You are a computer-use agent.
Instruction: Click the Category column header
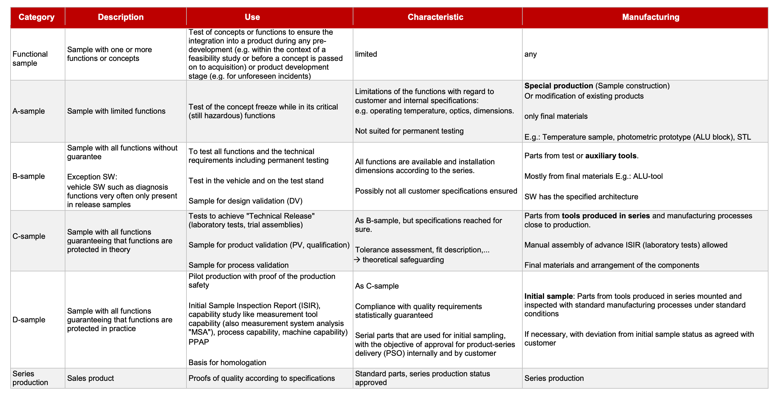[36, 17]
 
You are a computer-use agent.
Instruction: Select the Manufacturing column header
[651, 17]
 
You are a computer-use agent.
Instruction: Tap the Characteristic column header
[435, 17]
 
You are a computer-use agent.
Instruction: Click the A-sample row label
[29, 111]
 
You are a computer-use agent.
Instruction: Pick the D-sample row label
[29, 320]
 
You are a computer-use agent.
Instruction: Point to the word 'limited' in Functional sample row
[366, 54]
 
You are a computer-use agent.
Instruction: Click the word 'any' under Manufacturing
[530, 54]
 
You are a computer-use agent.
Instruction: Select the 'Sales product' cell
[90, 378]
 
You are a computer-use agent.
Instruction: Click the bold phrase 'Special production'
[559, 86]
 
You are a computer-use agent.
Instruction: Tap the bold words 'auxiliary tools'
[611, 156]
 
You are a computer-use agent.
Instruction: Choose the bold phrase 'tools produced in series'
[605, 216]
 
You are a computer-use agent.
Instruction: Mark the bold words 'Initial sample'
[548, 296]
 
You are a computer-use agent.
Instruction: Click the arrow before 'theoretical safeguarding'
[357, 260]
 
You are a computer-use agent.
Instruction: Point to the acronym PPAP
[199, 342]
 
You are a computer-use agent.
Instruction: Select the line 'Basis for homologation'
[227, 363]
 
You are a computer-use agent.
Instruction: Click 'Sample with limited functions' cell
[116, 111]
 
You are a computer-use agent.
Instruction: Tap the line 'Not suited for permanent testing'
[409, 131]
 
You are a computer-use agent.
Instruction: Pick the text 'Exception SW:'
[92, 177]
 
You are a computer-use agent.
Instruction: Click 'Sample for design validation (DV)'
[245, 201]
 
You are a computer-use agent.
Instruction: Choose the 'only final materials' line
[556, 116]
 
